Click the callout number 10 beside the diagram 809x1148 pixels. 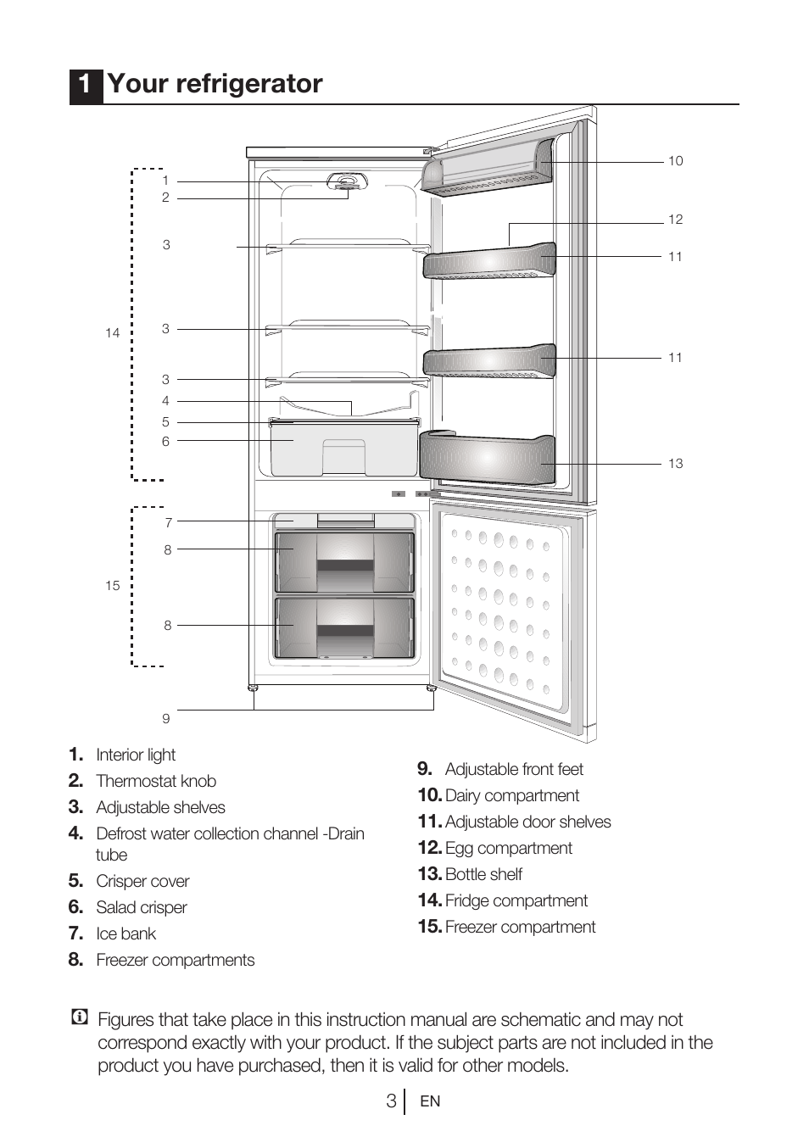point(675,161)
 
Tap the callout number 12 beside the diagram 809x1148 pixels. point(675,220)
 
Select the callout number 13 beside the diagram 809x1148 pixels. point(675,464)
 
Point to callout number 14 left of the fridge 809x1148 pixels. point(112,333)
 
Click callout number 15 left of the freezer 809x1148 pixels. point(112,586)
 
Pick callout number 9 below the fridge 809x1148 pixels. point(166,719)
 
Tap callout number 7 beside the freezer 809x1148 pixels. point(168,523)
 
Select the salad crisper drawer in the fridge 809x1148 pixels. point(343,450)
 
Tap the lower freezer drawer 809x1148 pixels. point(344,627)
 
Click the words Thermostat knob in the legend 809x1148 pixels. point(156,781)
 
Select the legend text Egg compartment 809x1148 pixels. point(508,848)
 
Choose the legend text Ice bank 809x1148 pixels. point(126,933)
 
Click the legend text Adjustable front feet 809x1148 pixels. point(514,769)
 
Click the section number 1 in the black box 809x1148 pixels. point(85,85)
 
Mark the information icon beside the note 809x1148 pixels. point(80,1017)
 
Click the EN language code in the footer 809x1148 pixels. point(430,1101)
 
